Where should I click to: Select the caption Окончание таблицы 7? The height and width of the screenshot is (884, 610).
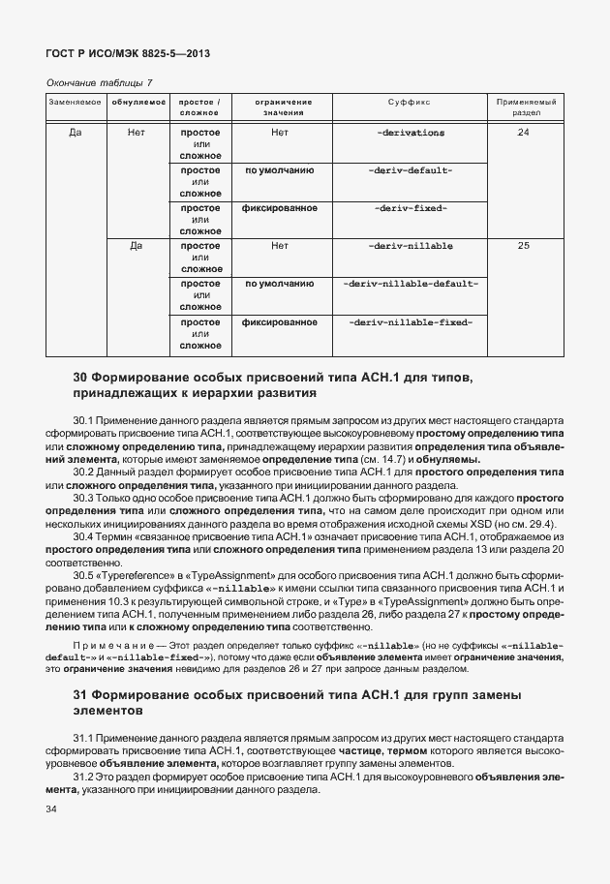pyautogui.click(x=100, y=83)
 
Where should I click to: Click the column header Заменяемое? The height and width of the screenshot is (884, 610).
pyautogui.click(x=76, y=101)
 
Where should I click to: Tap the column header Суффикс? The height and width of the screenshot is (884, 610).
pyautogui.click(x=410, y=101)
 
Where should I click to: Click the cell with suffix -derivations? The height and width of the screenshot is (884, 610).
pyautogui.click(x=410, y=132)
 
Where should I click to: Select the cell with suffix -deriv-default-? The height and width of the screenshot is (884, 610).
pyautogui.click(x=410, y=170)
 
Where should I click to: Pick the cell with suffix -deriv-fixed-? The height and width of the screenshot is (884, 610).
pyautogui.click(x=410, y=208)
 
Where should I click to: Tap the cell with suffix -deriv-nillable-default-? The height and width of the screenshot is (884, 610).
pyautogui.click(x=410, y=284)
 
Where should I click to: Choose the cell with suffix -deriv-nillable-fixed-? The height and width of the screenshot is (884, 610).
pyautogui.click(x=410, y=321)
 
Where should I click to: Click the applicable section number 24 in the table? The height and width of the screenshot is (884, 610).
pyautogui.click(x=524, y=132)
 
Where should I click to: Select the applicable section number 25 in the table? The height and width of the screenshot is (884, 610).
pyautogui.click(x=524, y=246)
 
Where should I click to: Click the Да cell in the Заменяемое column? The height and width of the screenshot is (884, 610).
pyautogui.click(x=76, y=132)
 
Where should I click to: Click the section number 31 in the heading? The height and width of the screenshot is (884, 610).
pyautogui.click(x=82, y=696)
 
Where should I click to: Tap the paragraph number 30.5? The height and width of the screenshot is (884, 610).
pyautogui.click(x=84, y=574)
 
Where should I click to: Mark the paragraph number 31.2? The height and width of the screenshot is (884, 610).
pyautogui.click(x=84, y=777)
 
